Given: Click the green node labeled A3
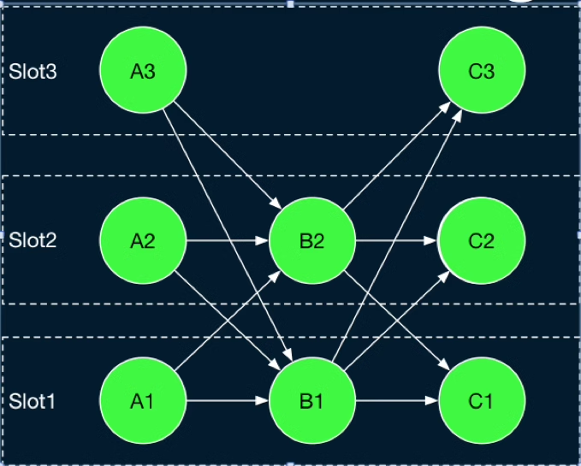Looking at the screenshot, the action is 143,70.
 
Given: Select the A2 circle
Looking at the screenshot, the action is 143,240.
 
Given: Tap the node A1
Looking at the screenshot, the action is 143,400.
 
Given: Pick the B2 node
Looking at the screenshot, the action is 312,240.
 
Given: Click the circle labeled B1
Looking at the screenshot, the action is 312,400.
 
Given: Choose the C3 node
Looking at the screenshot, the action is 482,70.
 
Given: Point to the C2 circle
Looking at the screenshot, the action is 482,240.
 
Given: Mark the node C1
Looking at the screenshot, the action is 482,400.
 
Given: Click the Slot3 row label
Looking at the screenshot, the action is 33,72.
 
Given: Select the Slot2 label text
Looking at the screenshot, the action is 33,240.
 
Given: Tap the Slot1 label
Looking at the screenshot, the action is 32,401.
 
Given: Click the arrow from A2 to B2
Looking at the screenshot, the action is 227,241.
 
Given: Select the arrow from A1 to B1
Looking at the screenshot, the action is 227,400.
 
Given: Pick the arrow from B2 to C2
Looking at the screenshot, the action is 396,241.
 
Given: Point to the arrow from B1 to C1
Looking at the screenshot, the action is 396,400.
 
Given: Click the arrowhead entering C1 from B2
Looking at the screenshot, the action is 445,365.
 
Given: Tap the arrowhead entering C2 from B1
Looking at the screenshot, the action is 445,276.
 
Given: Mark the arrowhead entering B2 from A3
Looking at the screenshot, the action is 276,204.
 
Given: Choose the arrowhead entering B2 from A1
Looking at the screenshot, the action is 276,276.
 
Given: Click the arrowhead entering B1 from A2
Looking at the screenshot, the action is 276,365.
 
